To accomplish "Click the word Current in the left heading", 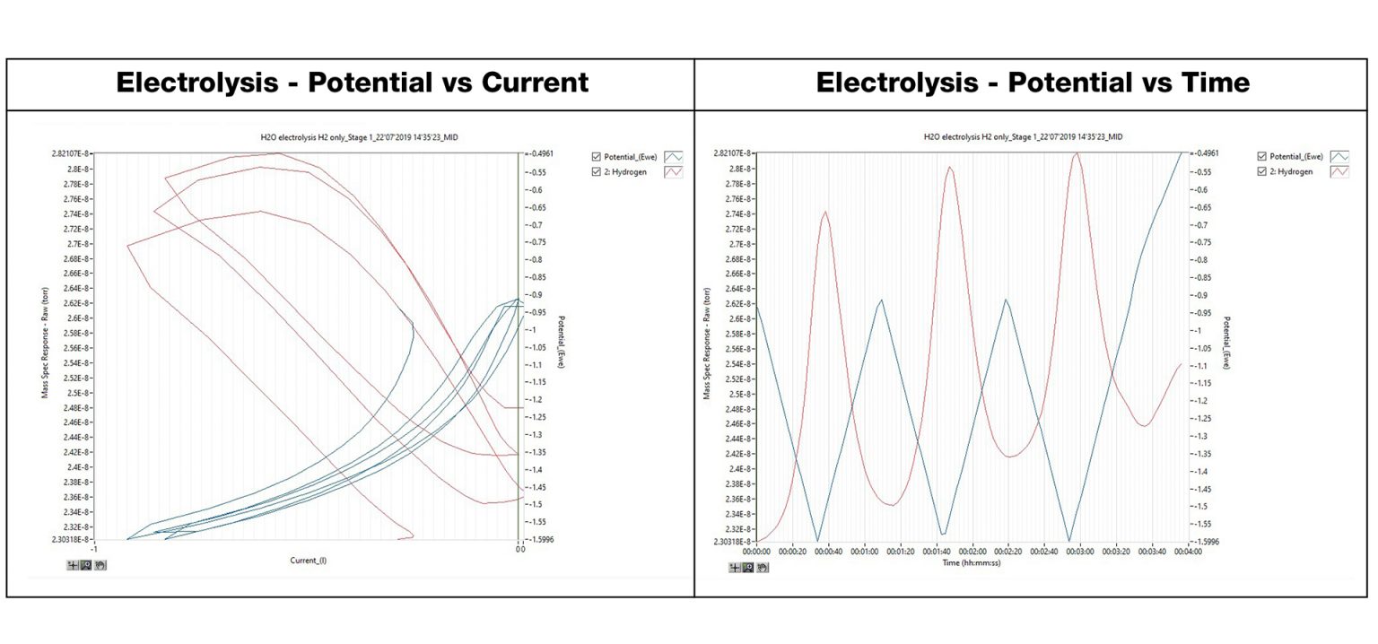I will [535, 83].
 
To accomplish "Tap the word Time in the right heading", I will [1205, 83].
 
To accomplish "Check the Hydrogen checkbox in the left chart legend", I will [597, 171].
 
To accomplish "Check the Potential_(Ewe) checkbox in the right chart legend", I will [1263, 156].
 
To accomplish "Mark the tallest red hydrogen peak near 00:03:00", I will [1077, 153].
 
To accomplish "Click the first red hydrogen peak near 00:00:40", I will [825, 213].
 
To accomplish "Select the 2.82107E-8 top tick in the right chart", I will [731, 154].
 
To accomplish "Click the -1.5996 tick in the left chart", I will [541, 539].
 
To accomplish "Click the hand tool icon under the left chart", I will [100, 565].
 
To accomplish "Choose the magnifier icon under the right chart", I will [748, 568].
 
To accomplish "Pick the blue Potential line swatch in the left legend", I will [673, 156].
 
